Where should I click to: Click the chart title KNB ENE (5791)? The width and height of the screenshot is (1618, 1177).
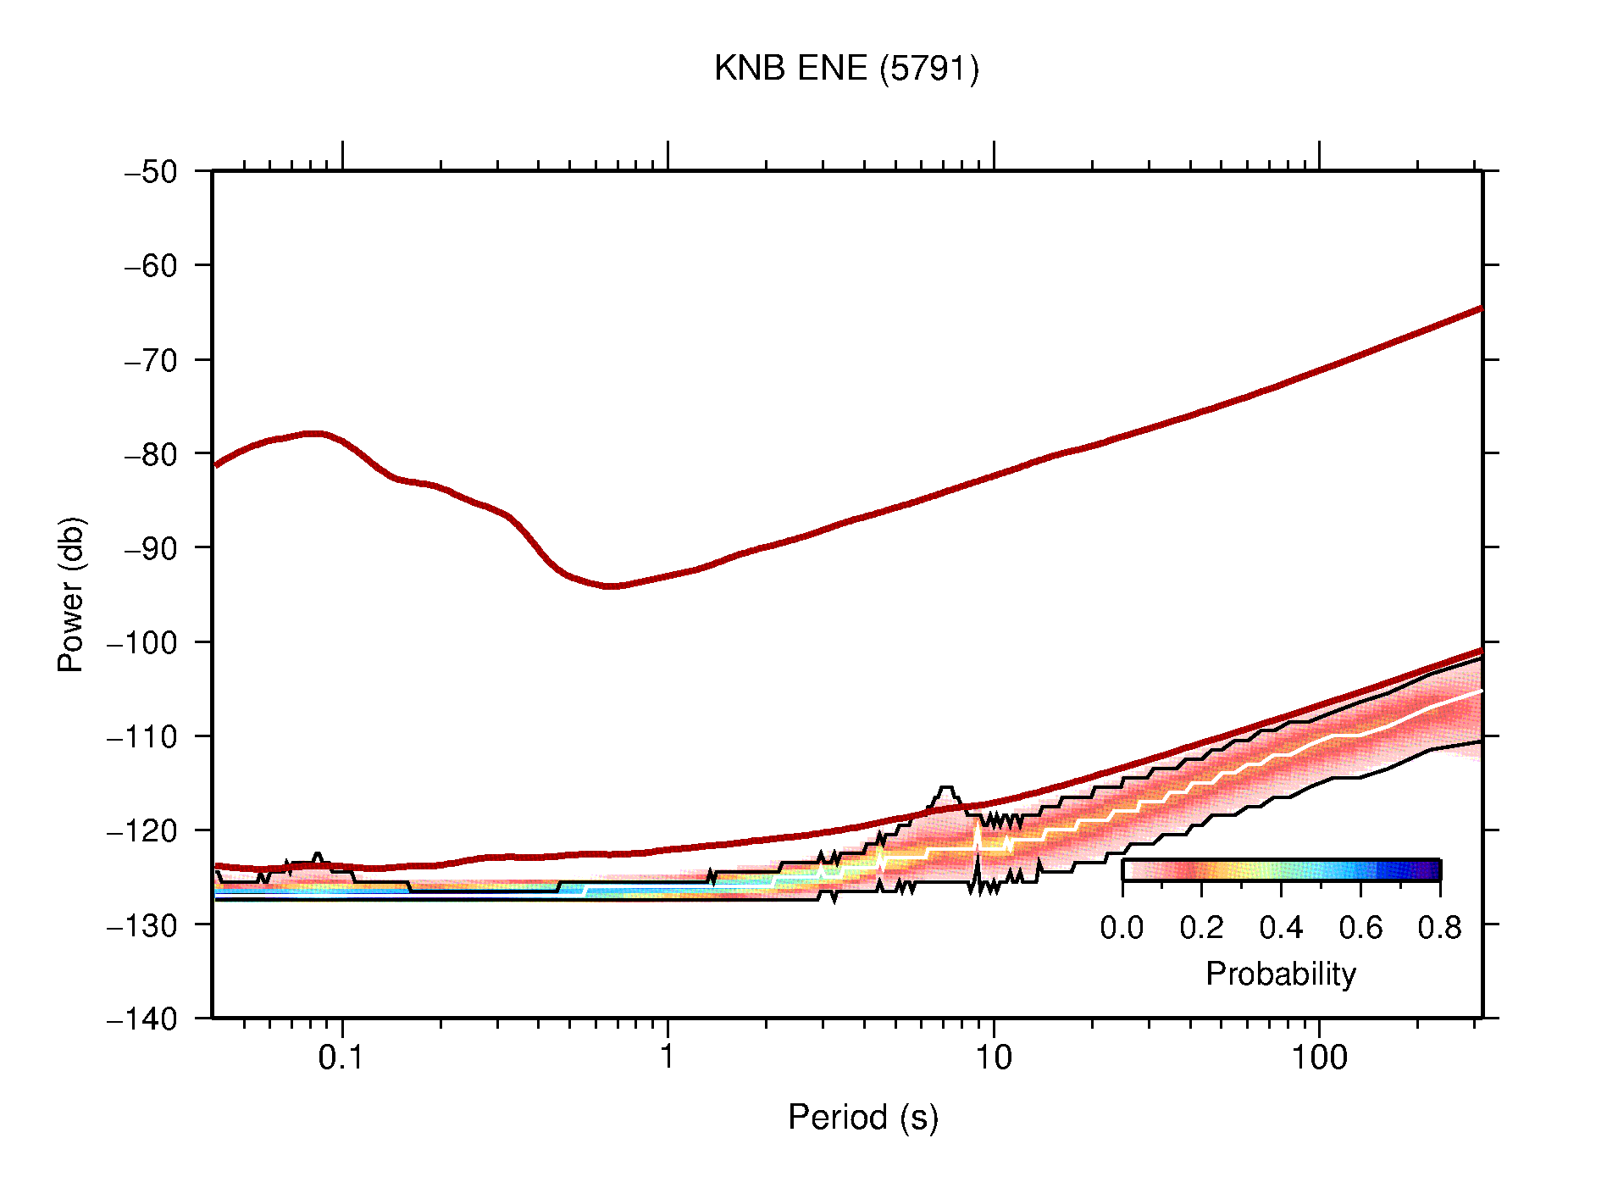[x=846, y=69]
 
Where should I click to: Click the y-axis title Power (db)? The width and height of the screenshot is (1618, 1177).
[x=71, y=594]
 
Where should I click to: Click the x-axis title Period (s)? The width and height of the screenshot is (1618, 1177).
[x=862, y=1118]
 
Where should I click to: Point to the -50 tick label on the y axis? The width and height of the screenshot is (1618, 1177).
[x=151, y=172]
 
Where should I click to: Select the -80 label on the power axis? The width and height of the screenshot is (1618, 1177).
[x=151, y=454]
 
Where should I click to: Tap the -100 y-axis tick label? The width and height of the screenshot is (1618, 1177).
[x=142, y=642]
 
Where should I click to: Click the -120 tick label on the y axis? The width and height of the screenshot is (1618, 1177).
[x=142, y=830]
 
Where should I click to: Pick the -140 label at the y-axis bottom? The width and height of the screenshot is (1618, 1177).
[x=142, y=1019]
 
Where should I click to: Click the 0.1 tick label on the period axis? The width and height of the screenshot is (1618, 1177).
[x=341, y=1058]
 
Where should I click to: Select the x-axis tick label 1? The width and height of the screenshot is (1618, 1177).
[x=668, y=1058]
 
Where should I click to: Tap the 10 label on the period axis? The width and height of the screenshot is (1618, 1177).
[x=993, y=1058]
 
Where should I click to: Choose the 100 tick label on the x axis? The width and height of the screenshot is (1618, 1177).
[x=1318, y=1058]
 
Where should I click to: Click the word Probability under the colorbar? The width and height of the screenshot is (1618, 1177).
[x=1280, y=974]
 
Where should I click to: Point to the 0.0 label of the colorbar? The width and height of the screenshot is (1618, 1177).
[x=1122, y=929]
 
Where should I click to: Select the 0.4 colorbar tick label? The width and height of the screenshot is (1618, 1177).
[x=1281, y=929]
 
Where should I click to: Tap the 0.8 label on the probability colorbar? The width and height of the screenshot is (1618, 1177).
[x=1439, y=929]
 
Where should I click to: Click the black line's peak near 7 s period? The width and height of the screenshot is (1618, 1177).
[x=946, y=788]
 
